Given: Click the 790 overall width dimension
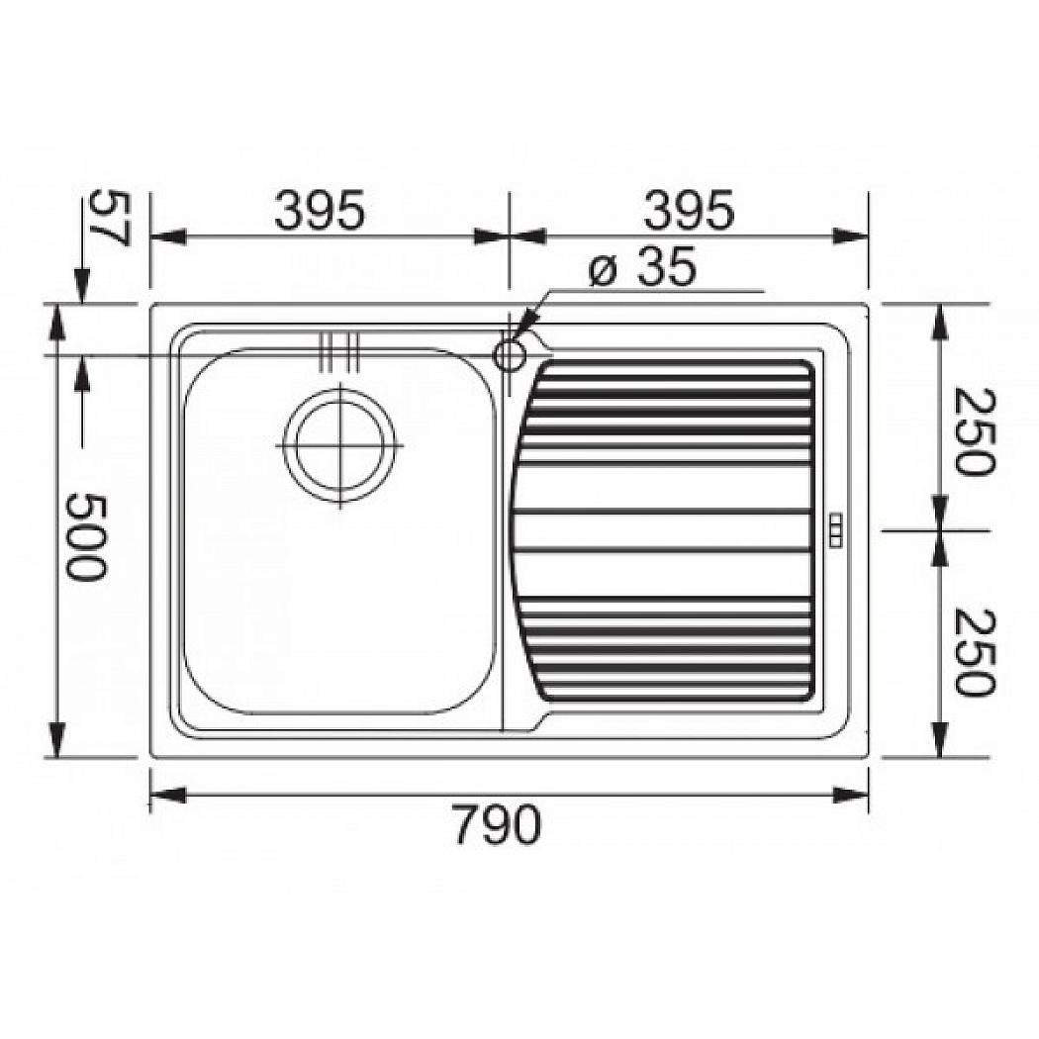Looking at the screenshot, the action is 499,823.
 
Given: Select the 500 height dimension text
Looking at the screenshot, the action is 85,536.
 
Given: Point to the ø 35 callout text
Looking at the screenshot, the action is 643,268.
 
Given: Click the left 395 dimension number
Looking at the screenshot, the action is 320,210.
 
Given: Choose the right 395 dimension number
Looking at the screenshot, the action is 689,210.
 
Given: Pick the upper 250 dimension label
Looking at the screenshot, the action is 975,431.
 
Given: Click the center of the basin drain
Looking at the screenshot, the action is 340,444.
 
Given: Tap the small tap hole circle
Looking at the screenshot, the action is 510,356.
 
